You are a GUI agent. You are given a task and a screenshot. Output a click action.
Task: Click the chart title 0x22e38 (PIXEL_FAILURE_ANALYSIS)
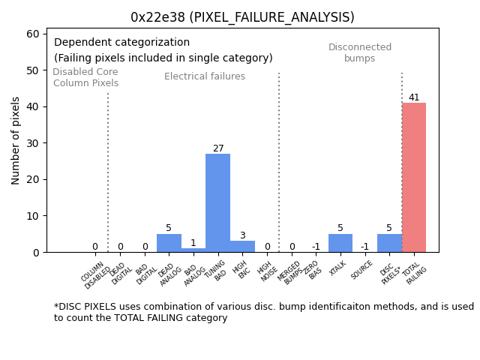coord(242,17)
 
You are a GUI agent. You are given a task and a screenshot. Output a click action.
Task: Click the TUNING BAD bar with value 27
coord(218,202)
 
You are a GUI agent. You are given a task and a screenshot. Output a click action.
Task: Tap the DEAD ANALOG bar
coord(169,243)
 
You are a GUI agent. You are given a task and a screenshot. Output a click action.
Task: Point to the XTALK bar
coord(340,243)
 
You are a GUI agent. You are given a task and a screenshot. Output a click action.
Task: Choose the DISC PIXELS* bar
coord(389,243)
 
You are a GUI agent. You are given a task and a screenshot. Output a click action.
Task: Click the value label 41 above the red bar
coord(414,97)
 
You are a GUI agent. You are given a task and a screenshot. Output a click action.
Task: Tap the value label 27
coord(218,148)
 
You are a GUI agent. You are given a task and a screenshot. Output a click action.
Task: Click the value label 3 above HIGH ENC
coord(242,235)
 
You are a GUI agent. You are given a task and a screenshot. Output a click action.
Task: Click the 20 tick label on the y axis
coord(36,179)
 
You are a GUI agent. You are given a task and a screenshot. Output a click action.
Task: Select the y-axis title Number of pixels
coord(16,140)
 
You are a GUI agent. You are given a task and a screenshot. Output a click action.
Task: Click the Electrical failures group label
coord(205,76)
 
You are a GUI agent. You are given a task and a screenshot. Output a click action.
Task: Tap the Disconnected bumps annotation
coord(360,52)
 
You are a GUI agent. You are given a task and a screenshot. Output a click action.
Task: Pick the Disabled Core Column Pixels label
coord(85,78)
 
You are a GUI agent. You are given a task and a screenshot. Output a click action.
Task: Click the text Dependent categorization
coord(121,43)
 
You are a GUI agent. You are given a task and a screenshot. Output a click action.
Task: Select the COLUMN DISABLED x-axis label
coord(95,274)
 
